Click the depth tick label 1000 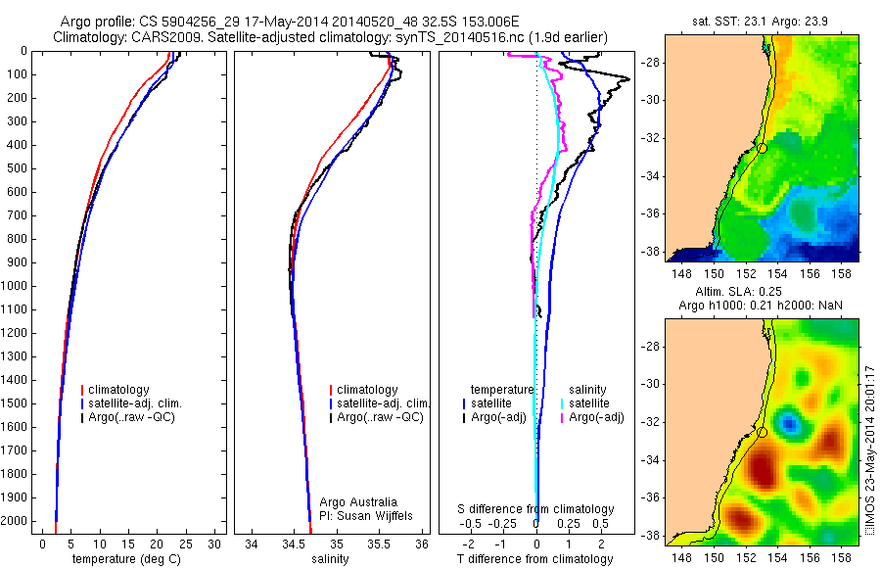point(17,286)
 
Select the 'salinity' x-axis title point(328,559)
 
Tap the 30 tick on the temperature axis point(215,543)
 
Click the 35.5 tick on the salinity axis point(380,543)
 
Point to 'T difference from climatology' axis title point(534,559)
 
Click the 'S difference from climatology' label point(535,509)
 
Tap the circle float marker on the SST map point(763,148)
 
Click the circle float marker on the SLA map point(763,432)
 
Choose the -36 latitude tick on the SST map point(655,213)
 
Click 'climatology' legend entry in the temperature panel point(121,390)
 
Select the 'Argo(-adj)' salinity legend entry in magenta point(597,417)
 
